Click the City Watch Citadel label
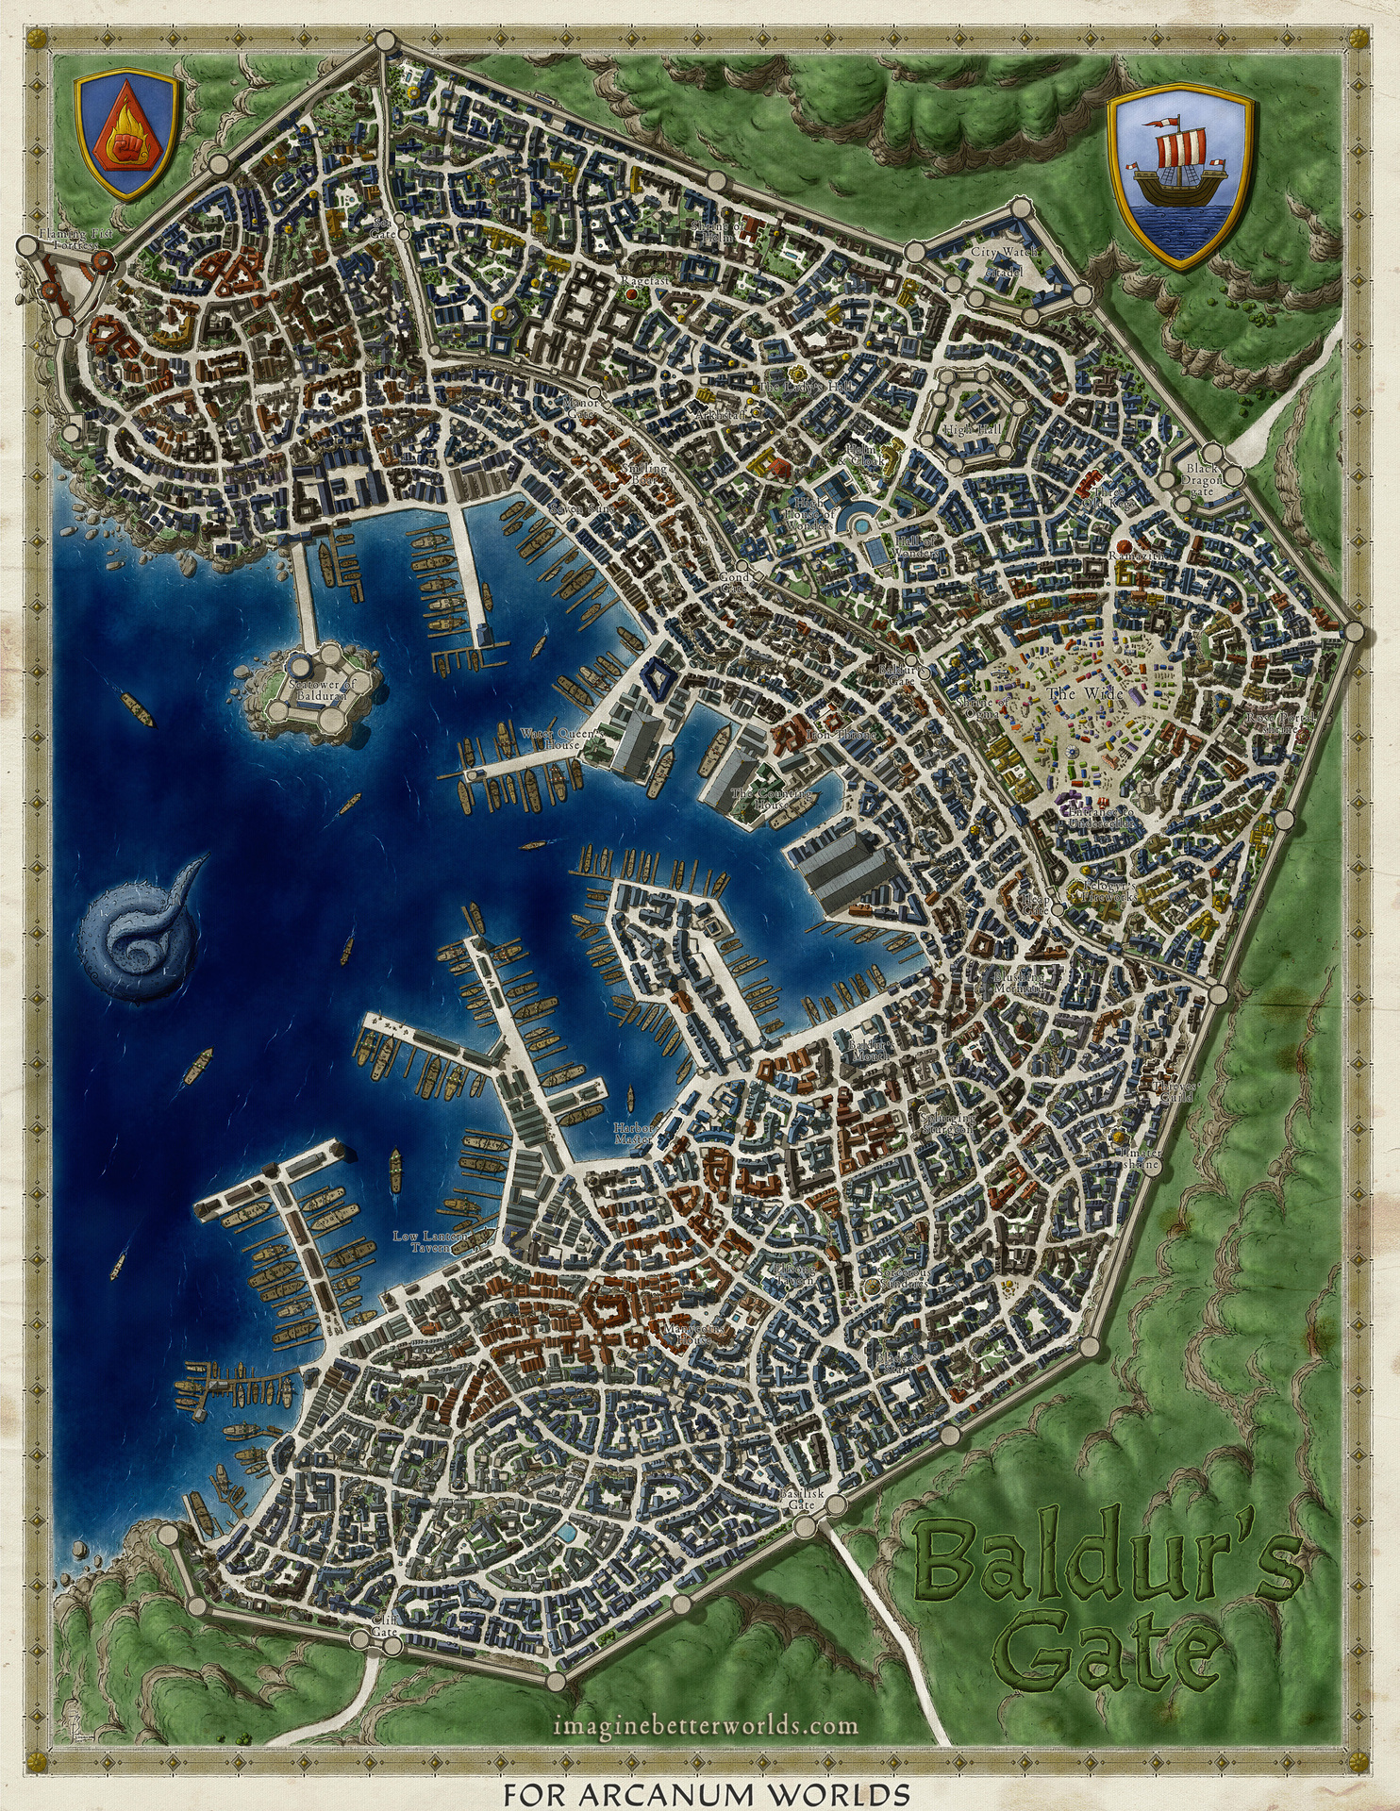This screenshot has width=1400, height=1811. pyautogui.click(x=1004, y=260)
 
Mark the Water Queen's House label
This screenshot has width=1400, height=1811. pyautogui.click(x=552, y=739)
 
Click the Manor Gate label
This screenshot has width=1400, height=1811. pyautogui.click(x=579, y=407)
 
